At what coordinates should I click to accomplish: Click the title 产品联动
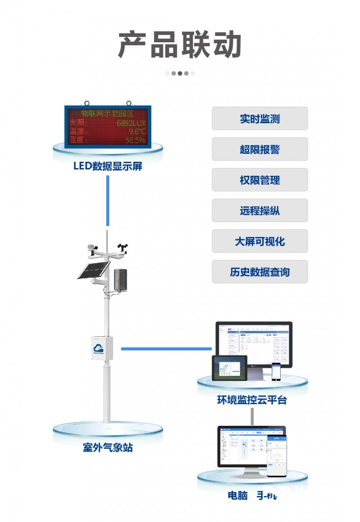click(x=180, y=45)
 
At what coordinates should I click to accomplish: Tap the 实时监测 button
click(x=260, y=119)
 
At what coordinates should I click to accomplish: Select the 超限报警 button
click(x=260, y=149)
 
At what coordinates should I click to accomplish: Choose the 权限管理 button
click(x=260, y=180)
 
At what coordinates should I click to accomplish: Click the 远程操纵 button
click(x=260, y=210)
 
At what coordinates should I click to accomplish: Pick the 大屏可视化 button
click(x=260, y=241)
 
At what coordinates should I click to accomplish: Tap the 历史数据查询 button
click(x=260, y=272)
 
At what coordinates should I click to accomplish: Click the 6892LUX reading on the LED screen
click(x=131, y=122)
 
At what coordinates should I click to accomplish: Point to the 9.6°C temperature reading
click(x=137, y=131)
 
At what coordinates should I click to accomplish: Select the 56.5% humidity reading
click(x=135, y=140)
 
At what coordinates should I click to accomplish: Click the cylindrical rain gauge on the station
click(x=120, y=280)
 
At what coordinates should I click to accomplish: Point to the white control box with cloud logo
click(x=103, y=347)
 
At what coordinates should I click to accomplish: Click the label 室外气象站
click(x=108, y=447)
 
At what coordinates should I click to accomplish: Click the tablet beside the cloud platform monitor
click(x=229, y=368)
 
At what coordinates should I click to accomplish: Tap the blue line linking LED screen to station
click(x=108, y=201)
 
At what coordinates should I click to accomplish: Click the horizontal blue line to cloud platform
click(x=166, y=348)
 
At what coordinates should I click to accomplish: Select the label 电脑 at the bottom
click(x=238, y=495)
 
